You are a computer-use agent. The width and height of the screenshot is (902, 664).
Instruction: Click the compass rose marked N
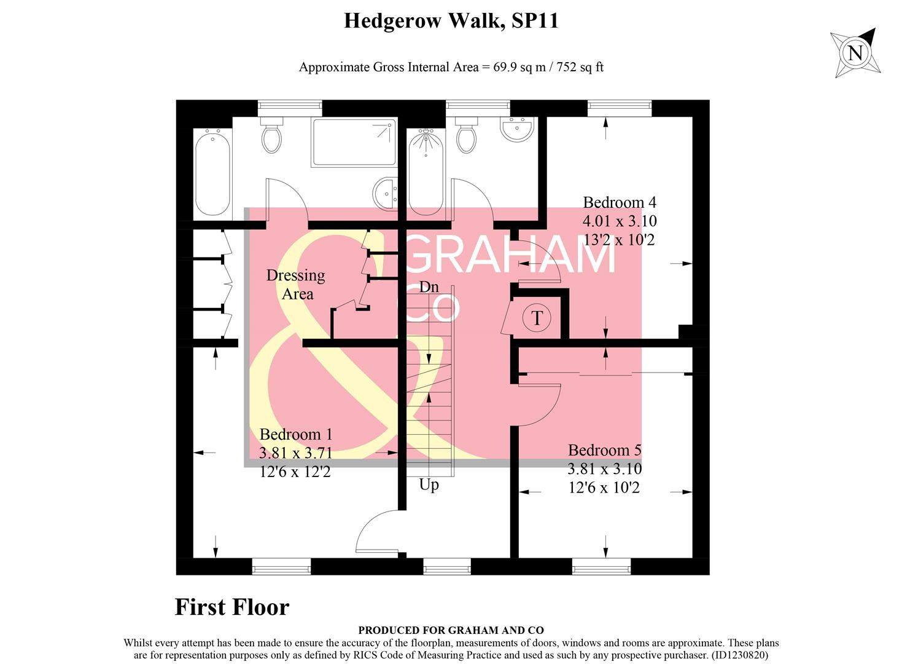(855, 53)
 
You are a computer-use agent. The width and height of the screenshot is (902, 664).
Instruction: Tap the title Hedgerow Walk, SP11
(451, 21)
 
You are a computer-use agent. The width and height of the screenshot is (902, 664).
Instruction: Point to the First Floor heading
(231, 607)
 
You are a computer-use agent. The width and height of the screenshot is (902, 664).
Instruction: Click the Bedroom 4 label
(619, 202)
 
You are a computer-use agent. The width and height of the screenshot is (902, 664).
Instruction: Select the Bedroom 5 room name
(604, 451)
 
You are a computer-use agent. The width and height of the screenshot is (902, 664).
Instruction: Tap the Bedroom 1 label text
(295, 435)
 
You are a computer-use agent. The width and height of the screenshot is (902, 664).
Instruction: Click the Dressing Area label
(296, 285)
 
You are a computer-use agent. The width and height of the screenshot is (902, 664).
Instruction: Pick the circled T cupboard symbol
(537, 318)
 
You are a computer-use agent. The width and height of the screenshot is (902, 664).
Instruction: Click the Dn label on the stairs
(429, 287)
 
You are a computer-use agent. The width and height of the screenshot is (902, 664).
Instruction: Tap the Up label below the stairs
(429, 484)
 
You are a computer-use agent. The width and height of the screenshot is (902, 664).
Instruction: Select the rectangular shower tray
(354, 142)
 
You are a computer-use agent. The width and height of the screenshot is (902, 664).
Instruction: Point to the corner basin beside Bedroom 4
(518, 128)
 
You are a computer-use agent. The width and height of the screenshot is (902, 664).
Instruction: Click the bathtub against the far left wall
(212, 172)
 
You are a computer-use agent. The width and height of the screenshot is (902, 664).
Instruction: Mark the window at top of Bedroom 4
(619, 108)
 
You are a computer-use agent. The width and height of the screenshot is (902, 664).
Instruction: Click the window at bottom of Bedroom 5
(601, 566)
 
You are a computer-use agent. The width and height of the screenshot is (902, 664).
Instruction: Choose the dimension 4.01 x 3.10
(619, 221)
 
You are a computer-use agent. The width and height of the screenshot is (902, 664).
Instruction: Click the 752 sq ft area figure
(580, 67)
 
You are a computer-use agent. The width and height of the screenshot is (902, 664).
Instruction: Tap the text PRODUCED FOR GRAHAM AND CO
(451, 630)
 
